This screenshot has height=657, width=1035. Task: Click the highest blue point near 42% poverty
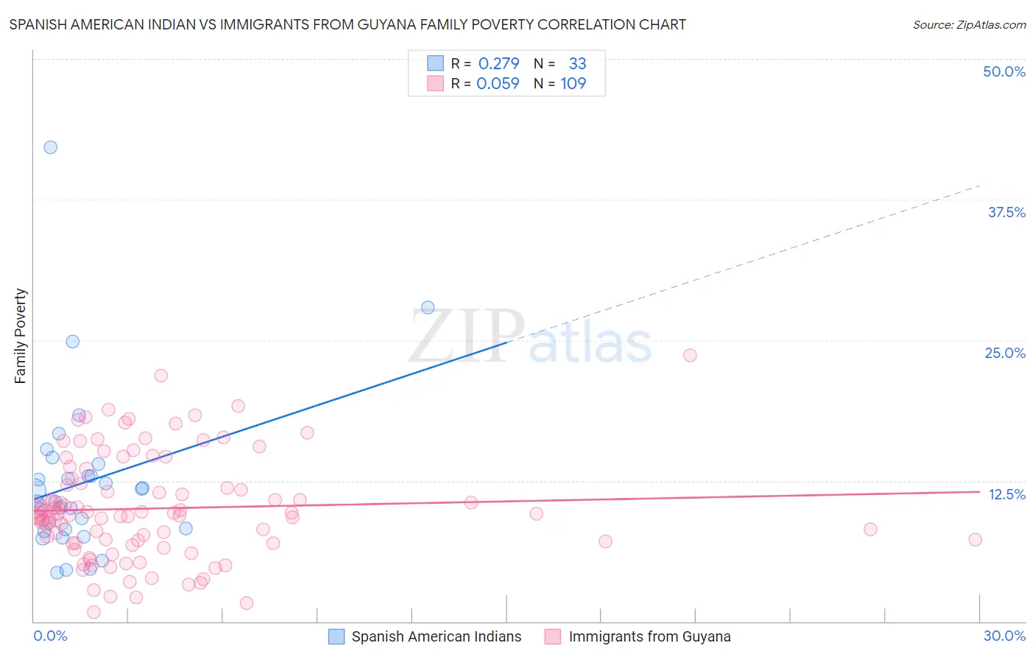(50, 147)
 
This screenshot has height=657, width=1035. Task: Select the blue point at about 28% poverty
(428, 308)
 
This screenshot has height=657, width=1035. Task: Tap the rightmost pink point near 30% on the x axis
(975, 540)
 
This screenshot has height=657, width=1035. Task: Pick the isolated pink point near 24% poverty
(690, 356)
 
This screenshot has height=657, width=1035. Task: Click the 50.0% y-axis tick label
(1004, 71)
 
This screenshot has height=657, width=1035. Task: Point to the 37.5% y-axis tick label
(1006, 212)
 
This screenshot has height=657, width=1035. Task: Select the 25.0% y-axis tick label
(1005, 353)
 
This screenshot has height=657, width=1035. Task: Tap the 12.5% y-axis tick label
(1006, 494)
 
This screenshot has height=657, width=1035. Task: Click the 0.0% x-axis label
(50, 636)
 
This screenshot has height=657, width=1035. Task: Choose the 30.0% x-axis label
(1004, 636)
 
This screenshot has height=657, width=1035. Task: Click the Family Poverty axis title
(21, 336)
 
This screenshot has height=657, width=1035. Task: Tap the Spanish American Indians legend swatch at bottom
(336, 636)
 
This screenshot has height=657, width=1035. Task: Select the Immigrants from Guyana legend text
(649, 636)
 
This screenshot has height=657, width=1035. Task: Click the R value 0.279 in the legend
(498, 64)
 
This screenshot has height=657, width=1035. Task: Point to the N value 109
(573, 84)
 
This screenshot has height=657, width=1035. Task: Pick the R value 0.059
(498, 84)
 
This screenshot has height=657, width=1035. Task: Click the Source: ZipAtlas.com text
(969, 25)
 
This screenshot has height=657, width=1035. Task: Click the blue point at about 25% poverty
(72, 342)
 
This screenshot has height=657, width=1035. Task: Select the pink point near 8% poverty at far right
(870, 530)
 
